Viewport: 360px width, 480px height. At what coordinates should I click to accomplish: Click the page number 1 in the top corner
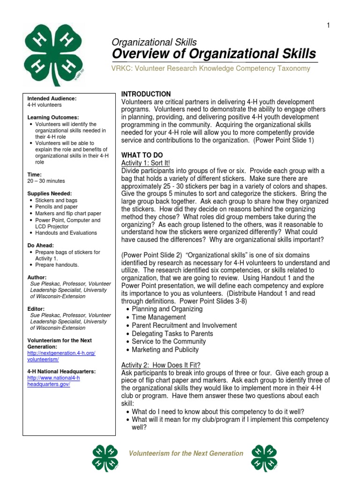pos(328,25)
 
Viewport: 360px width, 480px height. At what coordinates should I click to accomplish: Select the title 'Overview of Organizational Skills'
pos(214,53)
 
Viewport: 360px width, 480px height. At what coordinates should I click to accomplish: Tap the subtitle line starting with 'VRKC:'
pos(211,68)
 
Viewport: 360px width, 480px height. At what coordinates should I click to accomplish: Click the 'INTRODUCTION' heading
pos(146,94)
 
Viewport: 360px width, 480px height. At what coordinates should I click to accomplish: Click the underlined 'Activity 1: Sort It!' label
pos(146,163)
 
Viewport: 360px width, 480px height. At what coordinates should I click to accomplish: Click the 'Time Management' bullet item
pos(158,317)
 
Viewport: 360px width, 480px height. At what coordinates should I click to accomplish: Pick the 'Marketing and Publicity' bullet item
pos(165,350)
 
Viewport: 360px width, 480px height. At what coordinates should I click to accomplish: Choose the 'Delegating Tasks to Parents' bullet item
pos(172,333)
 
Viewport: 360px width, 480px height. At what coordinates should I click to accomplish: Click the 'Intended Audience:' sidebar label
pos(52,98)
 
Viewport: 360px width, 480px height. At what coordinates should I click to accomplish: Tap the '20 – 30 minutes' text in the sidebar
pos(46,180)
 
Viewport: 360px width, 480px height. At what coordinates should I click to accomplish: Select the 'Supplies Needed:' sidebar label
pos(50,193)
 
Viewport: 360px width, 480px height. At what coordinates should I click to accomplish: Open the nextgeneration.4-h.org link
pos(65,356)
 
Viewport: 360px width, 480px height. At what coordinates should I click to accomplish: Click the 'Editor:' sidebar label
pos(37,309)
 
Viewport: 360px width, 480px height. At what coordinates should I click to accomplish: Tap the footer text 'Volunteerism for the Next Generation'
pos(186,453)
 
